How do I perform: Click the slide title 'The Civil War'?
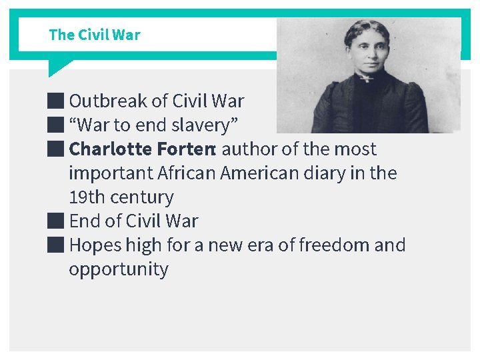click(95, 35)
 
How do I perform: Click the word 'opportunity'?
click(119, 269)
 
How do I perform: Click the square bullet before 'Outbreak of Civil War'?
click(56, 101)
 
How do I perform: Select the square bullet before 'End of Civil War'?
click(56, 221)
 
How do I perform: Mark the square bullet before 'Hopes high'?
click(56, 245)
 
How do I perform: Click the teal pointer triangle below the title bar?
click(57, 67)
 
